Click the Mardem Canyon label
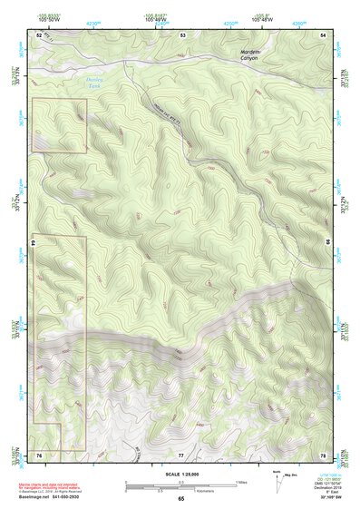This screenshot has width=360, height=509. pyautogui.click(x=249, y=57)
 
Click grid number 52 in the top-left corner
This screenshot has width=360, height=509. pyautogui.click(x=39, y=34)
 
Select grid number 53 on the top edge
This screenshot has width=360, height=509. pyautogui.click(x=182, y=34)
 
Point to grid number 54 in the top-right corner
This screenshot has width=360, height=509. pyautogui.click(x=324, y=34)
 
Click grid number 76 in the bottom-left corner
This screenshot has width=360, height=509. pyautogui.click(x=39, y=454)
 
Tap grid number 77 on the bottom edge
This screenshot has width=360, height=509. pyautogui.click(x=180, y=454)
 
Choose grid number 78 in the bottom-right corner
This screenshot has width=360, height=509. pyautogui.click(x=324, y=454)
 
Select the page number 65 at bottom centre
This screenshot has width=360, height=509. pyautogui.click(x=180, y=498)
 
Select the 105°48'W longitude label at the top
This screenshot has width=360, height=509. pyautogui.click(x=262, y=19)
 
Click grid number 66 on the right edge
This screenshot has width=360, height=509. pyautogui.click(x=327, y=242)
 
